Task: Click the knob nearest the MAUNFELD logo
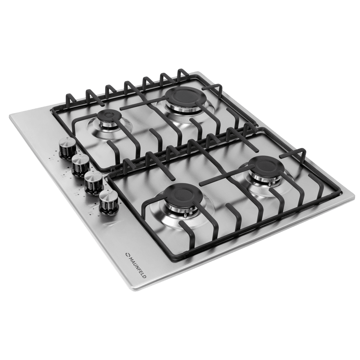coord(108,201)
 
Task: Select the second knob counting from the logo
coord(94,182)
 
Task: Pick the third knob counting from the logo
coord(80,165)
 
